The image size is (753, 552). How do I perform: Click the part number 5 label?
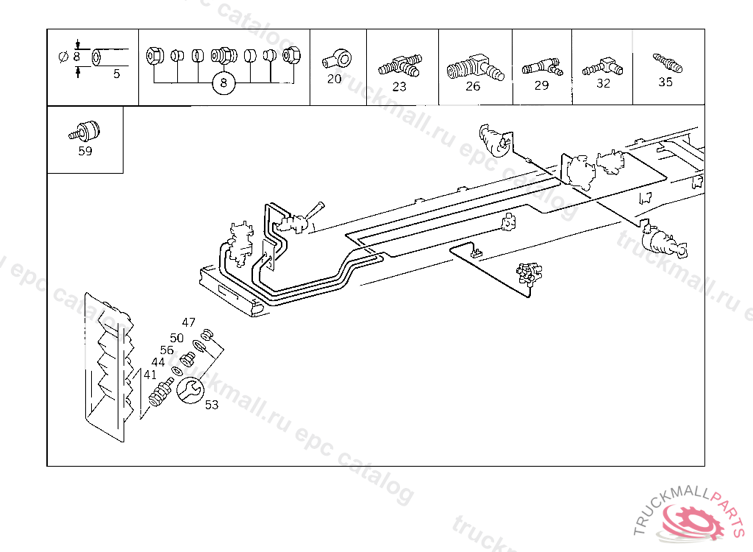[117, 74]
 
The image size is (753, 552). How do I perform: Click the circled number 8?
[224, 84]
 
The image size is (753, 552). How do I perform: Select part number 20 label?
[335, 79]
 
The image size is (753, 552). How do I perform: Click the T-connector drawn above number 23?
[400, 66]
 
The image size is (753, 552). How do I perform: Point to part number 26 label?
[473, 86]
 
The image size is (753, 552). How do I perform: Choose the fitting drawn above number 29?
[541, 67]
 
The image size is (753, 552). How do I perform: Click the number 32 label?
[603, 83]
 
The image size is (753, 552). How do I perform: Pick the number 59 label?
[85, 152]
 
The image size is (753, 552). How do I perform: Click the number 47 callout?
[189, 322]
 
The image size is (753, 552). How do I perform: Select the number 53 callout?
[212, 405]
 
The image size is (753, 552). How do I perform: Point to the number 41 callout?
[150, 375]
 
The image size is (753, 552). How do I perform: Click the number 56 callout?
[167, 350]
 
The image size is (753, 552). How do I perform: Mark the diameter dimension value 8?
[76, 56]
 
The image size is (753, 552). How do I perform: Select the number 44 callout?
[158, 362]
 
